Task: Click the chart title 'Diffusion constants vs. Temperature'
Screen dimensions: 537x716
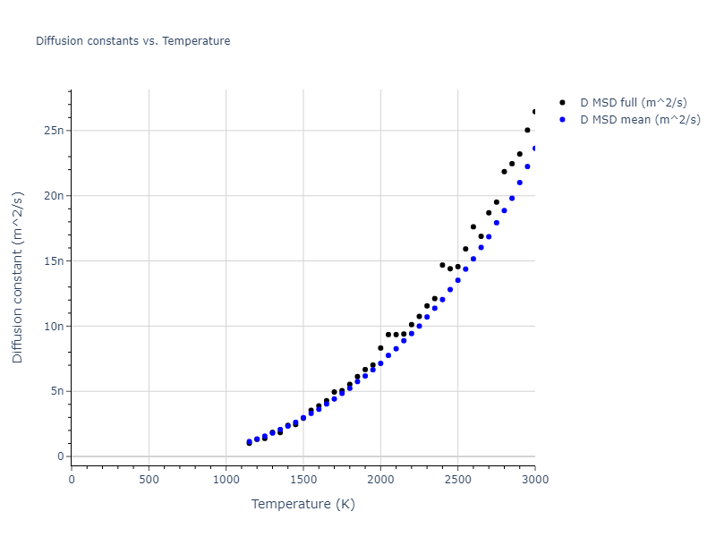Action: [132, 41]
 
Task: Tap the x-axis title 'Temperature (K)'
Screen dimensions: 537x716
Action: [303, 505]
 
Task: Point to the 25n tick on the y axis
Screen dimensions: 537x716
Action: [55, 131]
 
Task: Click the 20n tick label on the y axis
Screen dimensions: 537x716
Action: [55, 196]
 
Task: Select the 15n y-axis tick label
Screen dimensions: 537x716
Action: [55, 261]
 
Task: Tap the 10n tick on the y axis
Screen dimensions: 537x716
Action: [55, 327]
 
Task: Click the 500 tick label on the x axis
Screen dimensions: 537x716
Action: [149, 478]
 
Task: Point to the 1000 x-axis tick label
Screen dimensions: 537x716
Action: [226, 478]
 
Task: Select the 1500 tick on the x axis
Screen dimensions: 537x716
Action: [303, 478]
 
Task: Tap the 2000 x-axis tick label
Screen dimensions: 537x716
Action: [380, 478]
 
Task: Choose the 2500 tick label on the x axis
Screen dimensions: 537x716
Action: [457, 478]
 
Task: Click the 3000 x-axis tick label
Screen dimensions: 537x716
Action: [534, 478]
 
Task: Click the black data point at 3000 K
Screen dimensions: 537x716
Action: [534, 112]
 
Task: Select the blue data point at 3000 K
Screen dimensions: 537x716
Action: [534, 149]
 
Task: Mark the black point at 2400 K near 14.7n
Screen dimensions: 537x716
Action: [442, 265]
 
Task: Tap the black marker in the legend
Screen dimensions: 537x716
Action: [562, 103]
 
